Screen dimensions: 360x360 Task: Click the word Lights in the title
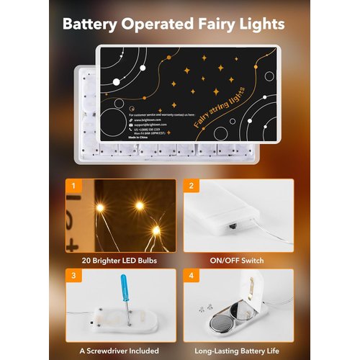click(x=261, y=23)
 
